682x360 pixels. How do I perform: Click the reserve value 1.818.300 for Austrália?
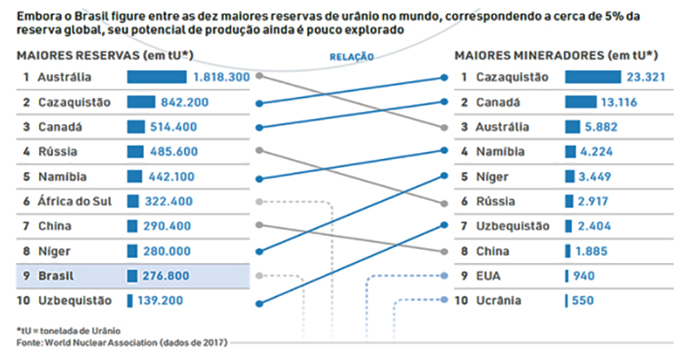220,77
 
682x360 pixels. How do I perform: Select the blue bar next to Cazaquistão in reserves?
141,102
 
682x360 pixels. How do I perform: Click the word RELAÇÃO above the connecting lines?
352,57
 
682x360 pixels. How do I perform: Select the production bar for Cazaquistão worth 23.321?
593,77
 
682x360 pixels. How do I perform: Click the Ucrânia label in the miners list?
498,300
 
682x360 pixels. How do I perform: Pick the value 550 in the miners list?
583,300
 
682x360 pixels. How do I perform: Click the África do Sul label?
73,201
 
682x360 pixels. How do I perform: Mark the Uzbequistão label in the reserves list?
75,300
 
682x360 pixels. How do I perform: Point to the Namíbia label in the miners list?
498,151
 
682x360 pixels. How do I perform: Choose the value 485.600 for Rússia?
177,151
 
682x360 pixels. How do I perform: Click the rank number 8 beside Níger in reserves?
26,251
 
